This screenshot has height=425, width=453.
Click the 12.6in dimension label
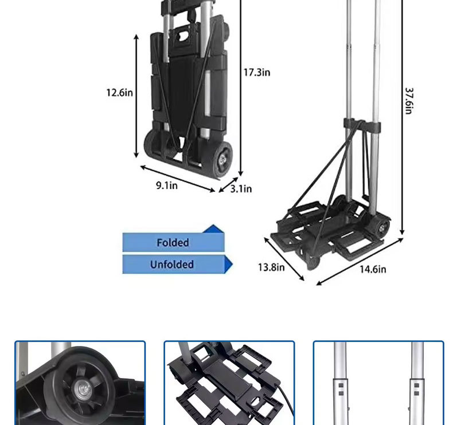(120, 93)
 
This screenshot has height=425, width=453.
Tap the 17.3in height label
(257, 72)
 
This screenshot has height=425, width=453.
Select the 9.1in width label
(167, 185)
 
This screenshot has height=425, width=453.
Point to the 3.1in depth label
(241, 188)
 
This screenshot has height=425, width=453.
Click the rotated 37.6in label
(409, 101)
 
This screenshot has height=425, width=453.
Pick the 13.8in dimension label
(271, 267)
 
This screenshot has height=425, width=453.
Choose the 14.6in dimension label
(373, 269)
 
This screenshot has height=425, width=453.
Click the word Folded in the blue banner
(173, 243)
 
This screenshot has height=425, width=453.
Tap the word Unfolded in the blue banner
(172, 265)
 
